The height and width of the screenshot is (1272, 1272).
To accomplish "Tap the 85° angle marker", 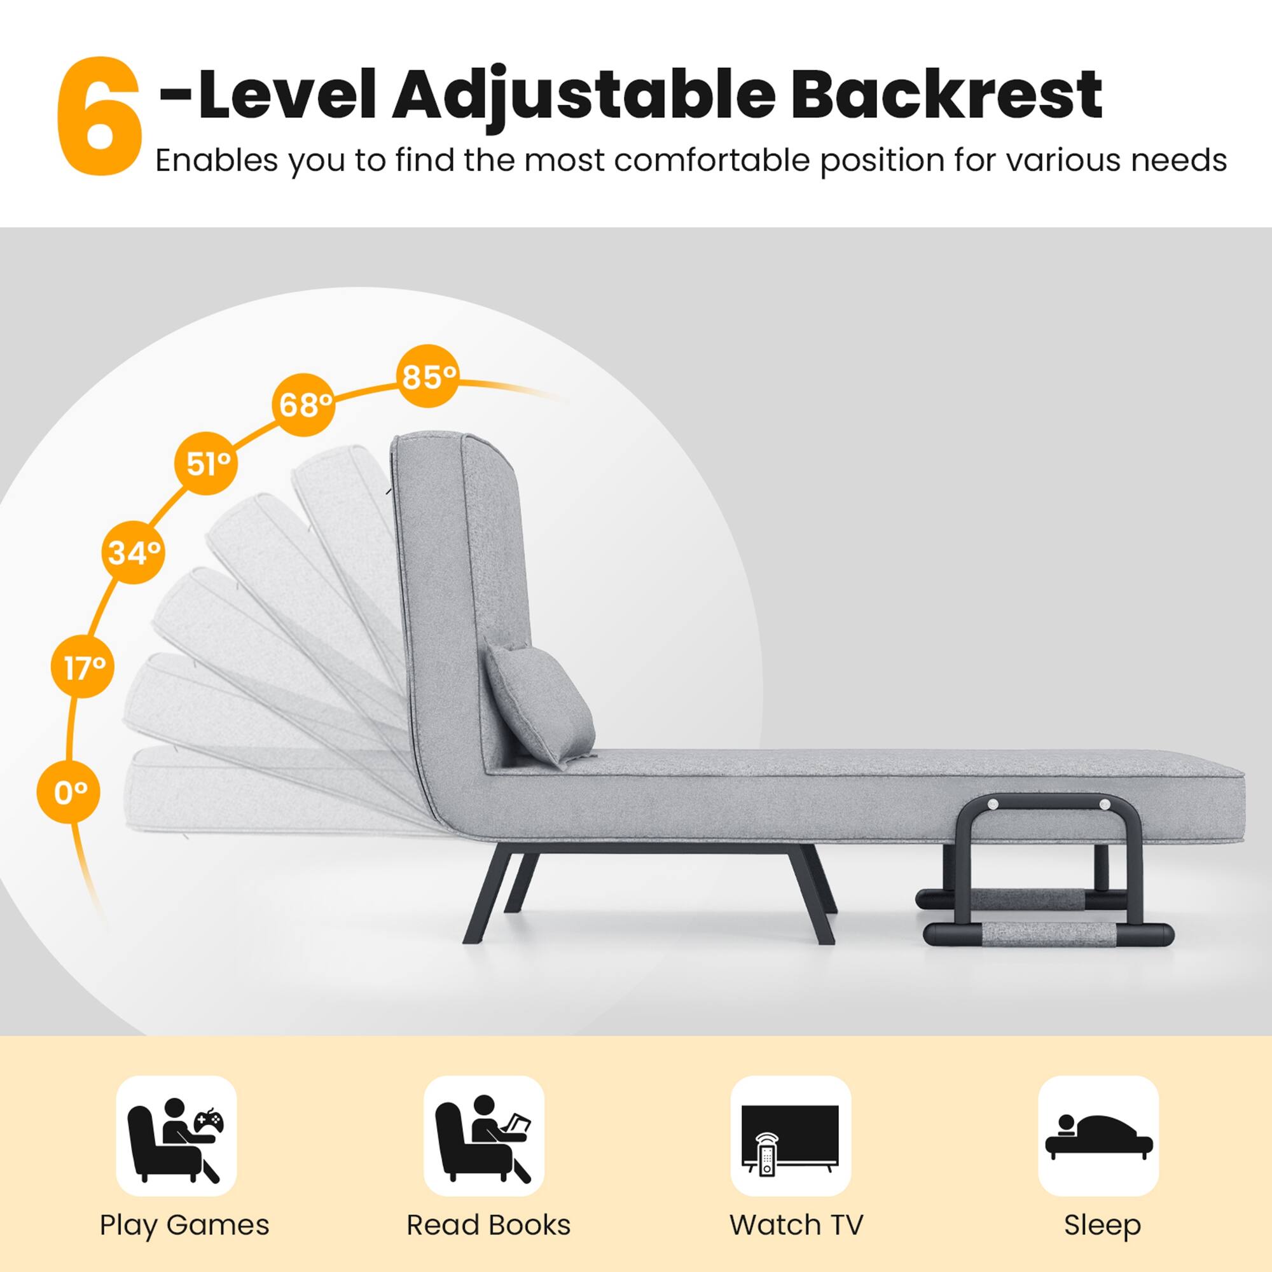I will click(429, 377).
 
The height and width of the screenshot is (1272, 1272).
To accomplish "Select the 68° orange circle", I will click(304, 405).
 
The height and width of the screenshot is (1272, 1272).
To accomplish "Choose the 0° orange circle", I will click(69, 792).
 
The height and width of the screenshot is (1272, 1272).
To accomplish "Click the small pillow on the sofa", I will click(540, 705).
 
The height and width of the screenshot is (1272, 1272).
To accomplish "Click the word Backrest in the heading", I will click(946, 95).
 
